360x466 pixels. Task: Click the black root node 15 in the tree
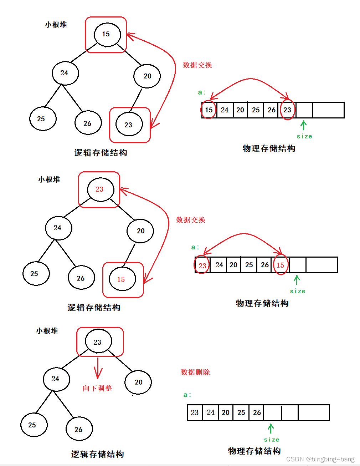click(x=107, y=35)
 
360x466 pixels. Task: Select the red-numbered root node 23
click(x=100, y=189)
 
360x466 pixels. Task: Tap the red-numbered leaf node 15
click(x=122, y=279)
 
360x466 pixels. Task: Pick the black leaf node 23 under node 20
click(x=129, y=125)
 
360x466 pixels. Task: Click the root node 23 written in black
click(x=98, y=342)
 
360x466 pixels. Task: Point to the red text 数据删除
click(x=195, y=372)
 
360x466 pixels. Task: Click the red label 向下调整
click(x=97, y=388)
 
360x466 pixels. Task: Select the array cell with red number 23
click(x=202, y=265)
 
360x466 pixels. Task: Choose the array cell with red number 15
click(x=281, y=265)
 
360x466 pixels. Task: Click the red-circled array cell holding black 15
click(x=209, y=110)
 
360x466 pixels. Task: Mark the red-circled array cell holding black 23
click(x=287, y=110)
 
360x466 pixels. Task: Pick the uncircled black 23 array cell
click(x=195, y=412)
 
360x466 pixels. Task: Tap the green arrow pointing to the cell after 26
click(x=271, y=428)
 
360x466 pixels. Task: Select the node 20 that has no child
click(x=138, y=382)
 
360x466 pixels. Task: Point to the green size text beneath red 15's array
click(x=298, y=291)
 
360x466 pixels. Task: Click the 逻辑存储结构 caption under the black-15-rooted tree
click(x=101, y=153)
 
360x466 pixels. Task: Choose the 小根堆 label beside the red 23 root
click(x=49, y=179)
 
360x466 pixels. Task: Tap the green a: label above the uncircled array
click(x=187, y=395)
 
